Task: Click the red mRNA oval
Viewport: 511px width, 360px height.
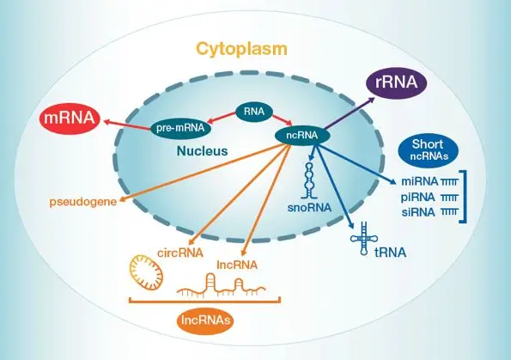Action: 70,119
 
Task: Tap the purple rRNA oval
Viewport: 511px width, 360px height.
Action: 396,82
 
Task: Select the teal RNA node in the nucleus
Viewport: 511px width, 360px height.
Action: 254,112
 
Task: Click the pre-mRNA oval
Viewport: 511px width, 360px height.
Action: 180,128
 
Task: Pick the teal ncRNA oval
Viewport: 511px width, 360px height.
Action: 302,135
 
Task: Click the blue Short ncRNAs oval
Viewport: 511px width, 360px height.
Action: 428,149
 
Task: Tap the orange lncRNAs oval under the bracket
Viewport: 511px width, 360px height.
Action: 205,320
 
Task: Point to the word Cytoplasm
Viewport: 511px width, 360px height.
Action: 242,49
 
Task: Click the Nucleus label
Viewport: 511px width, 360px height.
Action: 202,151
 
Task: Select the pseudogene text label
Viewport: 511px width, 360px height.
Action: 83,202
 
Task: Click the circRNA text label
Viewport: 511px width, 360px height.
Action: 180,253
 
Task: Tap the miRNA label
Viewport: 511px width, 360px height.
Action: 420,181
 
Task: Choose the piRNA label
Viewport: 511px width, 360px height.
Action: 418,198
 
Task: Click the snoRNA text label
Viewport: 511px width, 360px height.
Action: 309,208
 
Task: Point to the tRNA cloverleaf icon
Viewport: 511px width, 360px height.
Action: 363,239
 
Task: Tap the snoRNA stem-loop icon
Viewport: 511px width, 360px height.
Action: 308,180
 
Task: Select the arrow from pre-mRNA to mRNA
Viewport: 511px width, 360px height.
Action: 128,125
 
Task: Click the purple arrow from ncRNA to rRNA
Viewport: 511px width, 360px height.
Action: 350,113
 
